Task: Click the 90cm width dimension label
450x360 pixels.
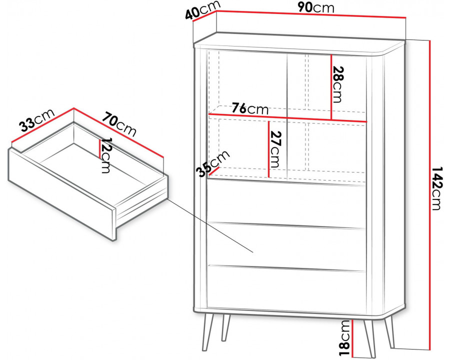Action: point(316,7)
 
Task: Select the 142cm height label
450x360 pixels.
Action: point(435,188)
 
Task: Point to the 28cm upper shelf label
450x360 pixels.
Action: point(337,84)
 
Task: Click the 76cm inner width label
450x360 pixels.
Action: point(250,108)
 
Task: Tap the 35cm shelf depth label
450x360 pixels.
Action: point(213,163)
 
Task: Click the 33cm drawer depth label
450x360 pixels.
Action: point(36,120)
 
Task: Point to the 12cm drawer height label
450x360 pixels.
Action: point(106,155)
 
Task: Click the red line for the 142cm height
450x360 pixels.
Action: point(429,195)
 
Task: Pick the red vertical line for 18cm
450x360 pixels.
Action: point(352,338)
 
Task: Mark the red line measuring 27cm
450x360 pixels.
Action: point(268,149)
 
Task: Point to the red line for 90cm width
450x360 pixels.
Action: point(311,14)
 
